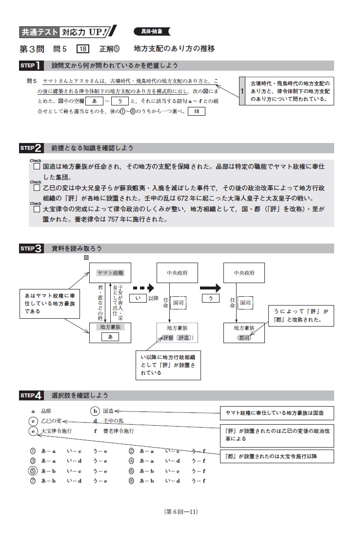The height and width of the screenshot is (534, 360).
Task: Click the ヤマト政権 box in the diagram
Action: point(110,273)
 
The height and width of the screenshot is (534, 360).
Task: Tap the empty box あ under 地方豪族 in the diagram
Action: point(110,337)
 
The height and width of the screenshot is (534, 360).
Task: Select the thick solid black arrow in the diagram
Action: point(210,287)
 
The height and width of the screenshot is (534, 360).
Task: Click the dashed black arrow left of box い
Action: point(143,287)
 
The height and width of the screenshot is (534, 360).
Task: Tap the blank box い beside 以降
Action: point(138,298)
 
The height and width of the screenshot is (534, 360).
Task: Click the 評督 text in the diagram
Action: point(168,338)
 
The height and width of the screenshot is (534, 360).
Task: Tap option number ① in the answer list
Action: point(33,451)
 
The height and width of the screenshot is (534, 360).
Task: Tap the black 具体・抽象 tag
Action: point(152,31)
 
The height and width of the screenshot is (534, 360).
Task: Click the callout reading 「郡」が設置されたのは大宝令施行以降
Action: point(277,456)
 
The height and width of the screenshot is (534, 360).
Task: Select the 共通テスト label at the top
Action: point(39,32)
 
